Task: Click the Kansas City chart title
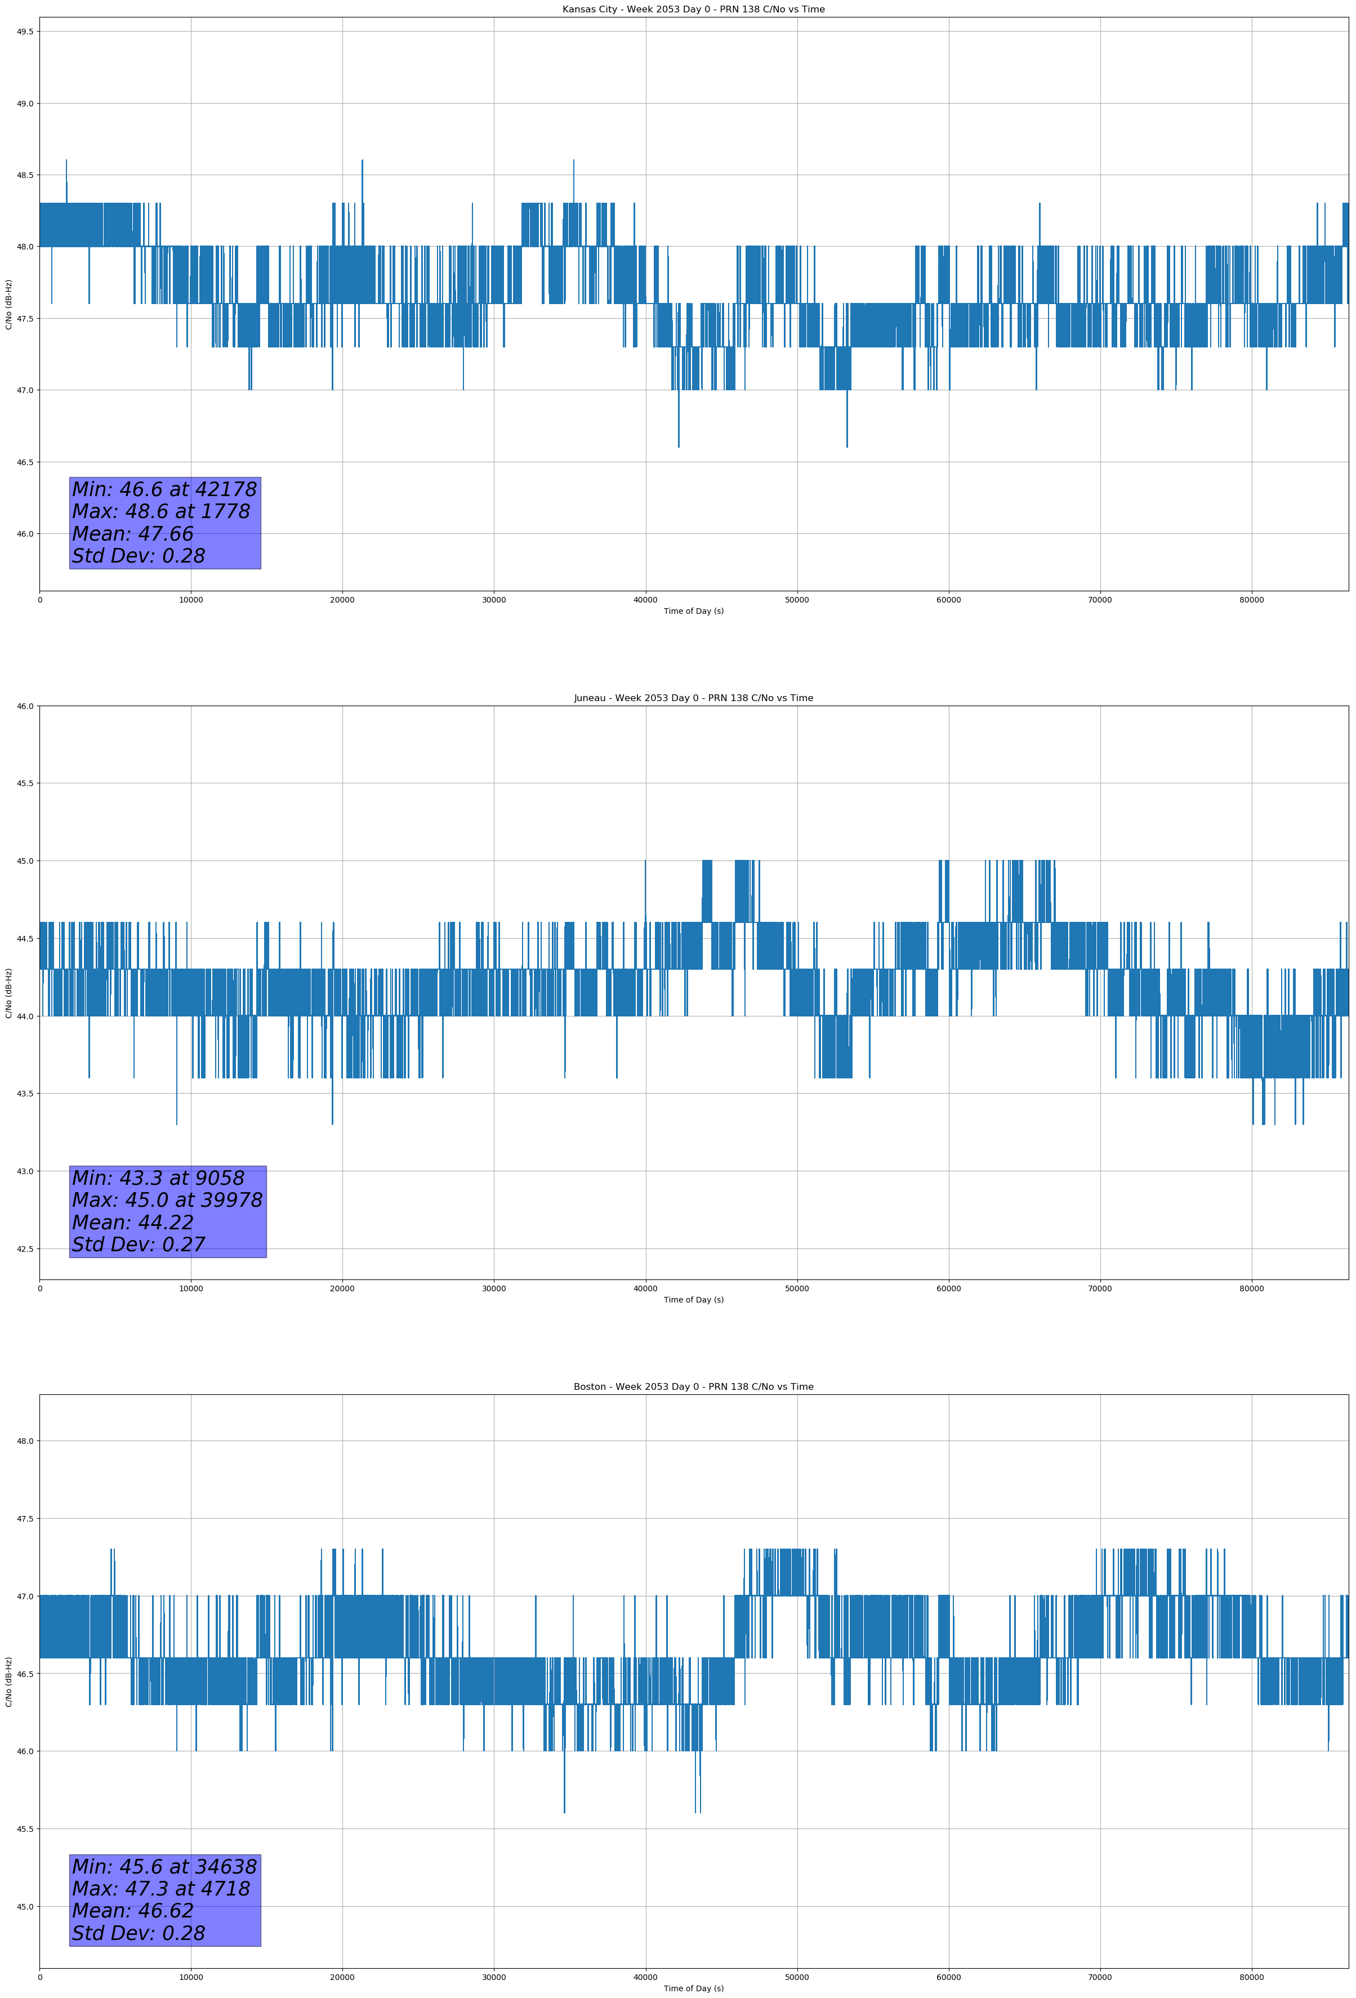(x=693, y=10)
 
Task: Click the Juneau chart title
(x=693, y=698)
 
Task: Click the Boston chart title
(x=693, y=1387)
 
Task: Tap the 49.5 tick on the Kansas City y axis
(x=25, y=32)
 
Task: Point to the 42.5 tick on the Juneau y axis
(x=25, y=1248)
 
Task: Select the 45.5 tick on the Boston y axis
(x=25, y=1828)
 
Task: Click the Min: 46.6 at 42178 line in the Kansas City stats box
(x=164, y=489)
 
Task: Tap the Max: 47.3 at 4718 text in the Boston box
(x=161, y=1889)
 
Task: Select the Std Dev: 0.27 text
(x=139, y=1245)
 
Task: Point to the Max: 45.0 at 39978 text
(x=167, y=1200)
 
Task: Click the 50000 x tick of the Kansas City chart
(x=797, y=600)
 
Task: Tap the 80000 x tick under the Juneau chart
(x=1251, y=1288)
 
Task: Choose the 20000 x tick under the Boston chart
(x=342, y=1977)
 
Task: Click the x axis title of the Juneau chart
(x=693, y=1300)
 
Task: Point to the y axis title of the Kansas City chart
(x=8, y=304)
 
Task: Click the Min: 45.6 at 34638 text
(x=164, y=1866)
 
